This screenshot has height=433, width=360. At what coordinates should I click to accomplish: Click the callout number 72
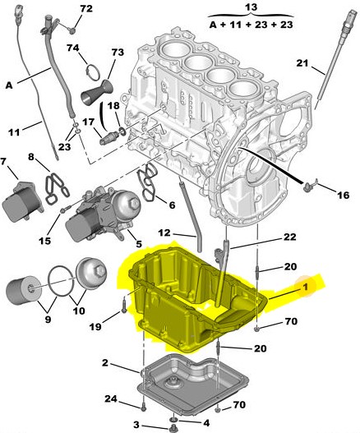point(86,9)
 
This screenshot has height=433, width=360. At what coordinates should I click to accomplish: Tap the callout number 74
point(73,48)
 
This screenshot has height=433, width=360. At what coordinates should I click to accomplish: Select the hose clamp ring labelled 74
point(92,72)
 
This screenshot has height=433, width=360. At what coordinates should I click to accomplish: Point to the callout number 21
point(302,63)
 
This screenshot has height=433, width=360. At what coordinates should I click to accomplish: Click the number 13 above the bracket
point(252,7)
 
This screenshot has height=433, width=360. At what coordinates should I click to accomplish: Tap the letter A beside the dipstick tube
point(9,85)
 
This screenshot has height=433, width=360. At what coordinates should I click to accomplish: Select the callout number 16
point(344,196)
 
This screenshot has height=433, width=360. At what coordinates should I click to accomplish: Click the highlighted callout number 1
point(305,288)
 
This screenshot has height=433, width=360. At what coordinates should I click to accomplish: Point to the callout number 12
point(164,233)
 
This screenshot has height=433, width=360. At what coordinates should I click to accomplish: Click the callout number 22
point(290,237)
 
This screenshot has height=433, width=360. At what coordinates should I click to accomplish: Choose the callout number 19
point(95,327)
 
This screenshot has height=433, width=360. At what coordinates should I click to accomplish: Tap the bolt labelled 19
point(124,306)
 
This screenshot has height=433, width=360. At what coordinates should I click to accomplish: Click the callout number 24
point(111,398)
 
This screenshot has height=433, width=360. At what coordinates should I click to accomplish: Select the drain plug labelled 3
point(173,429)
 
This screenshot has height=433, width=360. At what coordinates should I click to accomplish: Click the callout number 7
point(3,162)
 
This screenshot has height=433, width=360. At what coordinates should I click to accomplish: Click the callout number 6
point(172,205)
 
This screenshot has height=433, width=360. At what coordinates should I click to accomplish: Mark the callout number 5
point(139,244)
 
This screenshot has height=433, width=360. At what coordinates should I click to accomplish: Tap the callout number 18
point(113,106)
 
